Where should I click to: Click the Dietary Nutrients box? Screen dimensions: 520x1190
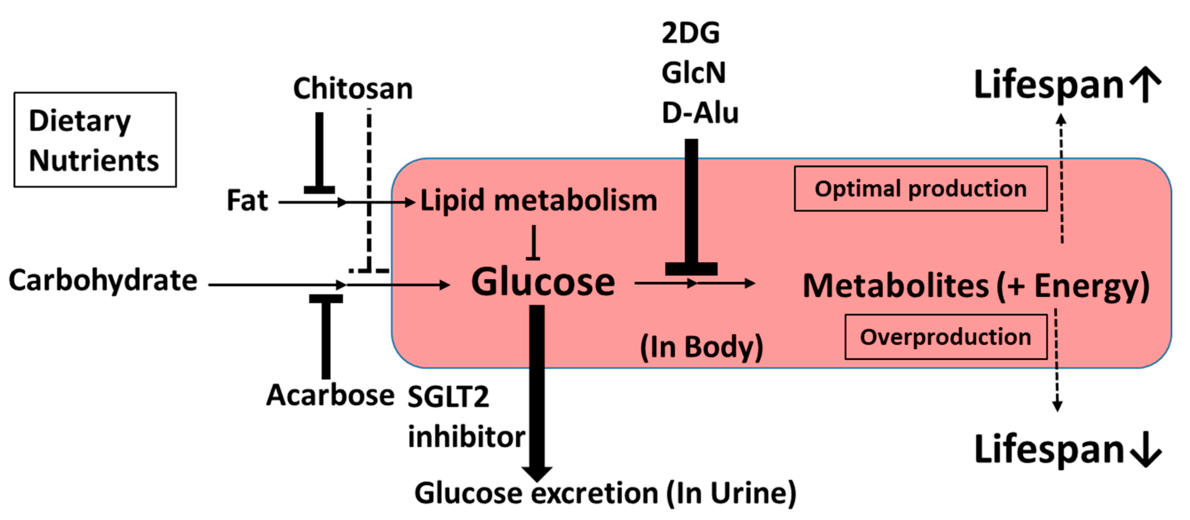(x=95, y=139)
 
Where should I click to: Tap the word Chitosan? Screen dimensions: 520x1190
(x=353, y=89)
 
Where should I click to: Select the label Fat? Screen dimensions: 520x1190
(x=247, y=201)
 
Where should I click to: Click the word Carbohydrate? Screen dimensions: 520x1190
(x=103, y=281)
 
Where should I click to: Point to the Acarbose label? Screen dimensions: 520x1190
(x=330, y=396)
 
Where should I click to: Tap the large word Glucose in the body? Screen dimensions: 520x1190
(x=543, y=282)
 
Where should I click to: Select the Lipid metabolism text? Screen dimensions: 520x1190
(x=539, y=201)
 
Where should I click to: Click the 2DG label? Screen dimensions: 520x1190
(x=690, y=33)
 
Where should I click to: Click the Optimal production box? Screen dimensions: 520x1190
(x=920, y=189)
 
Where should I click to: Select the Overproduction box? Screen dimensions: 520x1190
(x=945, y=337)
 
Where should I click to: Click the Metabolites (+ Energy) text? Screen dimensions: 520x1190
(x=976, y=286)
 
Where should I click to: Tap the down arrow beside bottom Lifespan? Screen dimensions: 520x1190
(x=1146, y=449)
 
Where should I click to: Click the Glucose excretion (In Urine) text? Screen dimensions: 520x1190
(x=605, y=493)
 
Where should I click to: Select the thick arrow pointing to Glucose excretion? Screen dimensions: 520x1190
(x=537, y=393)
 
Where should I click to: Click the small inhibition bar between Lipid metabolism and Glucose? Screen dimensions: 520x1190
(x=534, y=243)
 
